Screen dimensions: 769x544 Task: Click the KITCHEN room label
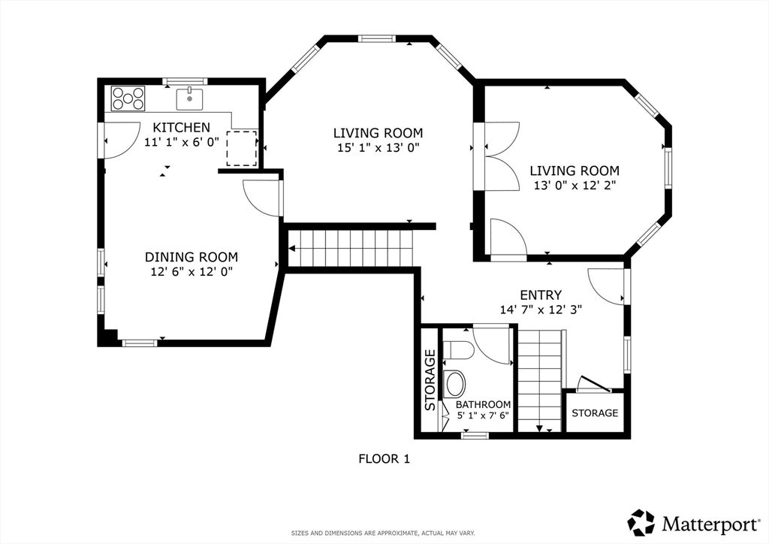[182, 128]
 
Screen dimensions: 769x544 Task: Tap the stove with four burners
[128, 98]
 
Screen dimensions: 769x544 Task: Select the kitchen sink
[189, 99]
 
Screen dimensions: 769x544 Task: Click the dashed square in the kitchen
[241, 148]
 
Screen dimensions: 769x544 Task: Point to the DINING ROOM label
[191, 257]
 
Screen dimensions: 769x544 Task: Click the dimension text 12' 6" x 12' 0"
[191, 272]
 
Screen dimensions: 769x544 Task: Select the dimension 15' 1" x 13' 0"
[378, 148]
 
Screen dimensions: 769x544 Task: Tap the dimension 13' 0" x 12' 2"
[574, 186]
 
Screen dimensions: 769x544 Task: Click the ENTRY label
[541, 295]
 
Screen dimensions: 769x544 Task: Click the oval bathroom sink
[454, 384]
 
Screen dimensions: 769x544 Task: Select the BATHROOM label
[483, 405]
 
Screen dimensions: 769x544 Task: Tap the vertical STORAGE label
[430, 380]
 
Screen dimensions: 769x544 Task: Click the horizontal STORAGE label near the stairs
[595, 413]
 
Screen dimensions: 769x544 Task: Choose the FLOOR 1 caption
[384, 459]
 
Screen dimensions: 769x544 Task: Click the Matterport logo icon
[641, 523]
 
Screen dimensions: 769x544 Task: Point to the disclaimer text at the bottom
[383, 533]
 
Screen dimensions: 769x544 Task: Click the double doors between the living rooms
[502, 156]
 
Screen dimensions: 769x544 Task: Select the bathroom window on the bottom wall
[475, 435]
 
